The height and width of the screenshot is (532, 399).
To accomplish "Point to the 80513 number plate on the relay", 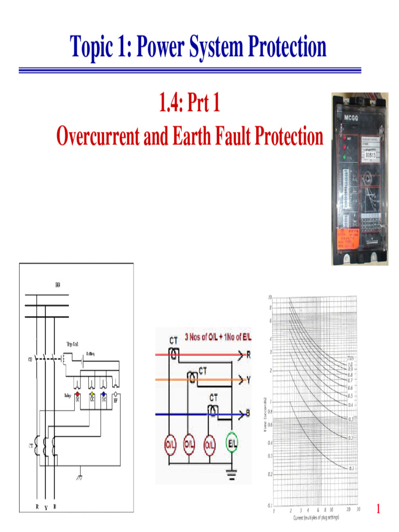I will (x=372, y=154).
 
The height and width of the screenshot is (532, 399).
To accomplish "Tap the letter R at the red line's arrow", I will (x=248, y=355).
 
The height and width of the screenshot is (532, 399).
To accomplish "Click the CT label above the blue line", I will (x=214, y=397).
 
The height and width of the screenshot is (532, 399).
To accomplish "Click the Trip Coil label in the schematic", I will (x=72, y=344).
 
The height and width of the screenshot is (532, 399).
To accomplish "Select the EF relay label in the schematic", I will (x=115, y=401).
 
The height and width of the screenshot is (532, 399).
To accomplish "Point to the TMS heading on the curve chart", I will (x=351, y=357).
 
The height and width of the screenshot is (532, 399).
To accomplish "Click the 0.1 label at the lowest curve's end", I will (x=352, y=468).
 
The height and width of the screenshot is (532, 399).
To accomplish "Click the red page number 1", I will (x=378, y=510).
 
